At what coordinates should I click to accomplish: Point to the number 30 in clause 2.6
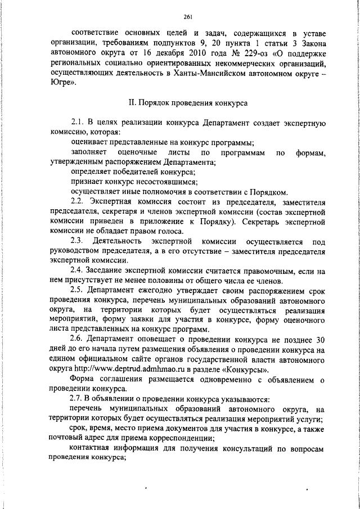tap(319, 339)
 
